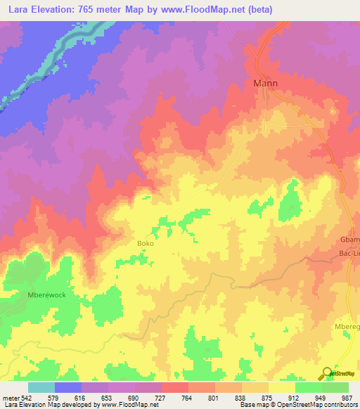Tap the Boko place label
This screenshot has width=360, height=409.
[146, 244]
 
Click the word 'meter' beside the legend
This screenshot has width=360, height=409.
[11, 397]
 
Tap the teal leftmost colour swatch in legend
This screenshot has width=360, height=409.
[41, 387]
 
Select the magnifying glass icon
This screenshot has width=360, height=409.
[325, 373]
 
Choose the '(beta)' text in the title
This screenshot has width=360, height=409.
[259, 10]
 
